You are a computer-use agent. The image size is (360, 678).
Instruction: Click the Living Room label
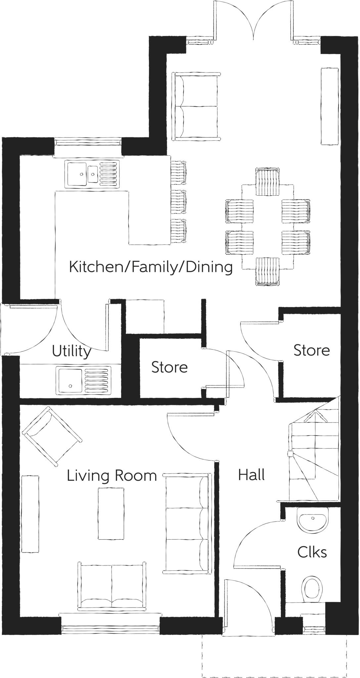click(x=112, y=476)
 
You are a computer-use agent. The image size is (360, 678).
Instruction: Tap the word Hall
click(x=251, y=475)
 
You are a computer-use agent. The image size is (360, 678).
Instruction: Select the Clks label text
click(x=312, y=552)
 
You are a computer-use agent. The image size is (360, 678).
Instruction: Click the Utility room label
click(x=71, y=352)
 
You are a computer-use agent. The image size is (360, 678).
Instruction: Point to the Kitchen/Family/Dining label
click(x=151, y=267)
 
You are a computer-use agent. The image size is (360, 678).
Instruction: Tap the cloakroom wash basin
click(x=313, y=520)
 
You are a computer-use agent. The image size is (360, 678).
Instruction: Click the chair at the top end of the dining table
click(x=267, y=182)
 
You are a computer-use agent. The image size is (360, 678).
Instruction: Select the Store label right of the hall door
click(x=311, y=350)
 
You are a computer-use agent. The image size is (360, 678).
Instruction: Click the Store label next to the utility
click(x=169, y=367)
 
